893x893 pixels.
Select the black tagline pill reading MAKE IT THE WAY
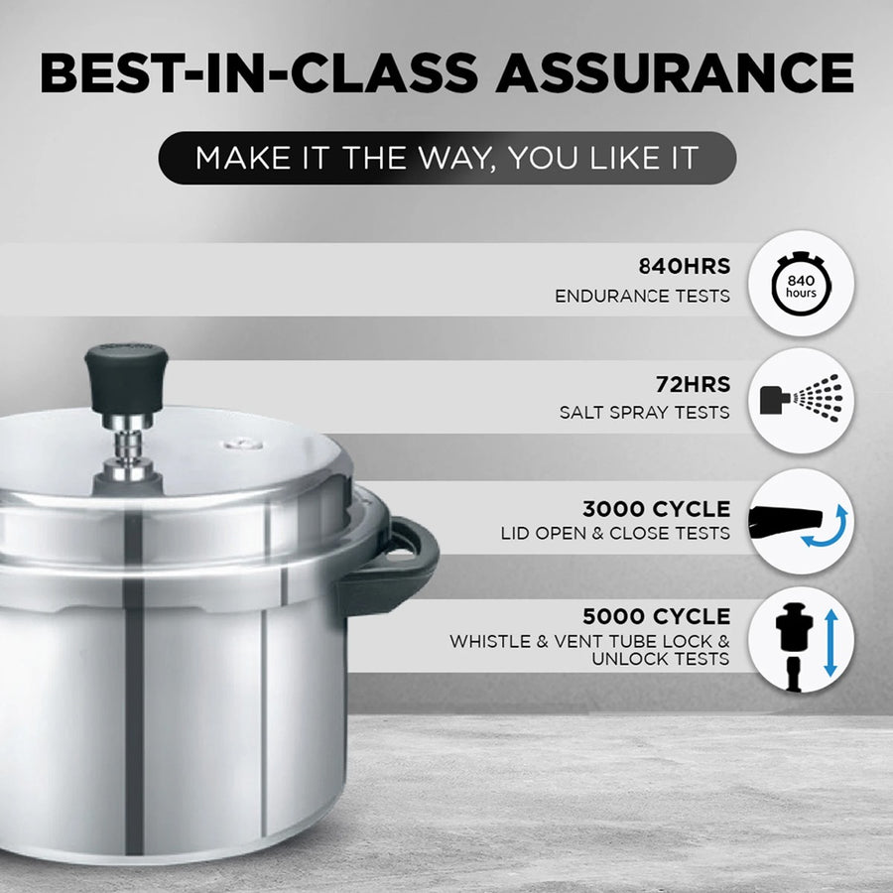(x=446, y=158)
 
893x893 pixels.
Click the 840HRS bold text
(x=684, y=267)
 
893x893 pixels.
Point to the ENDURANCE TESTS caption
(x=643, y=296)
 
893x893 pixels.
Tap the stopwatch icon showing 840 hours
(x=801, y=287)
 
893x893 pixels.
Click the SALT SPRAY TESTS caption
(x=645, y=412)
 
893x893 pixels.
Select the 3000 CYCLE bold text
(x=656, y=510)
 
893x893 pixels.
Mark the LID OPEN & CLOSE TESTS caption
(x=615, y=534)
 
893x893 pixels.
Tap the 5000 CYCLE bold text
(x=656, y=617)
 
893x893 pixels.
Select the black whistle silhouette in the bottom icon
(x=790, y=640)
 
